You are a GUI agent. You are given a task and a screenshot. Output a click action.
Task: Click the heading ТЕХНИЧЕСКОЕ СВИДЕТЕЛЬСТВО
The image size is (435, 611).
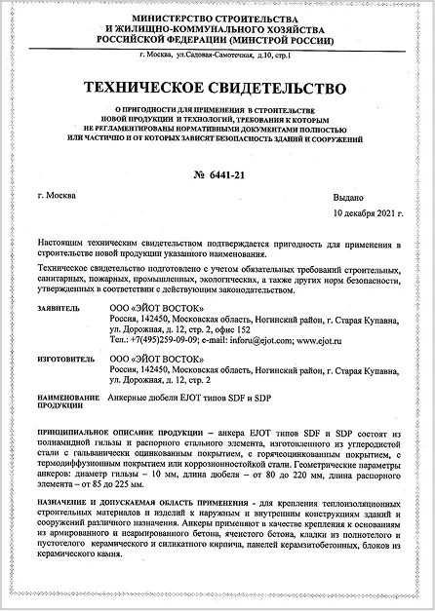tap(217, 88)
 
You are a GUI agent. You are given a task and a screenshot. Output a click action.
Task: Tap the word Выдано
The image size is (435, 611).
tap(376, 197)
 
